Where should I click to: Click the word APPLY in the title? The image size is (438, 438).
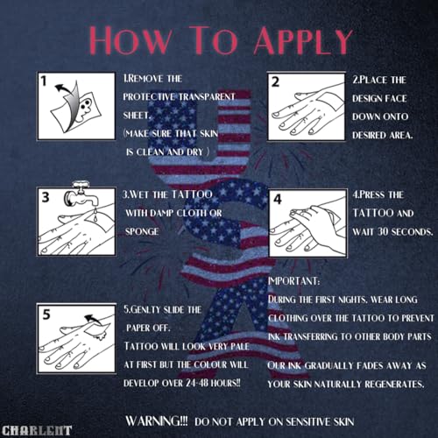point(303,40)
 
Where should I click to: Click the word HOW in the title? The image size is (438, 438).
point(131,40)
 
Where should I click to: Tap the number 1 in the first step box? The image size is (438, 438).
point(44,81)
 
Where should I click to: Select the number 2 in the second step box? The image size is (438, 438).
point(275,82)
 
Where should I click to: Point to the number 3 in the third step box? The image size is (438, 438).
point(46,197)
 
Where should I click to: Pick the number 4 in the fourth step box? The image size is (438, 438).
point(278,199)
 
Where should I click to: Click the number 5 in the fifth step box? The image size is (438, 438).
point(46,314)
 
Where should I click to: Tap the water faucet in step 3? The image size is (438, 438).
point(81,194)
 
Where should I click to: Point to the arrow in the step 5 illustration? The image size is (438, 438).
point(92,320)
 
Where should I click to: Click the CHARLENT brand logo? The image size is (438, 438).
point(37,431)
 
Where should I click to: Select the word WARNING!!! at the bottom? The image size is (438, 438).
point(157,421)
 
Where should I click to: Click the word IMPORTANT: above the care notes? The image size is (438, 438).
point(293,281)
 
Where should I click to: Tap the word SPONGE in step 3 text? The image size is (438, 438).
point(142,231)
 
